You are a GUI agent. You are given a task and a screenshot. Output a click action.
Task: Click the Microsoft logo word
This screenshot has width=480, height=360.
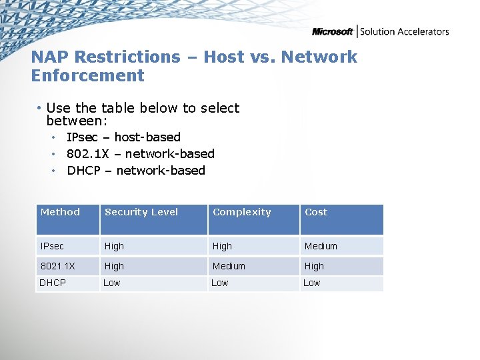click(x=333, y=31)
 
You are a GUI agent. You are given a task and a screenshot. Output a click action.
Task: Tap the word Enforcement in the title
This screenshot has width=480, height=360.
click(x=87, y=75)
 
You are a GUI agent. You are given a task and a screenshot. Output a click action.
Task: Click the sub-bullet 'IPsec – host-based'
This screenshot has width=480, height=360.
click(x=123, y=137)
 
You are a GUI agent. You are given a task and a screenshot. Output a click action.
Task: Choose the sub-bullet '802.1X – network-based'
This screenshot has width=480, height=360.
click(x=140, y=154)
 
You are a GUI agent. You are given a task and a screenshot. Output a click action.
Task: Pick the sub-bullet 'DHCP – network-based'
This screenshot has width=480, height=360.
click(x=136, y=171)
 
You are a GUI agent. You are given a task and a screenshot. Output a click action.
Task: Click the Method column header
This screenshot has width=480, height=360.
click(x=60, y=212)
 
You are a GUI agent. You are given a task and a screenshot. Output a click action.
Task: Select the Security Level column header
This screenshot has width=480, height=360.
click(x=141, y=212)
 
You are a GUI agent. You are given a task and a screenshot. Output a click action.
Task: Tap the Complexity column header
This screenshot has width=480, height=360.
click(x=241, y=212)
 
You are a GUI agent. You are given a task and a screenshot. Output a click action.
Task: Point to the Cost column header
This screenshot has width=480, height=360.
click(x=316, y=212)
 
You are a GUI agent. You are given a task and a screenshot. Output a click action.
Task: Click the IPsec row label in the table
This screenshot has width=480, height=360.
click(x=52, y=246)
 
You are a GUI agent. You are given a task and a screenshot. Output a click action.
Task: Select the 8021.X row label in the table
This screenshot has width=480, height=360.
click(x=57, y=266)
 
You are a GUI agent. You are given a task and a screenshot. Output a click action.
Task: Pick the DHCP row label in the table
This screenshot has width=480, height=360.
click(x=53, y=283)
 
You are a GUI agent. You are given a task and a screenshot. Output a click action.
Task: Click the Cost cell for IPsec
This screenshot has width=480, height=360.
click(x=321, y=246)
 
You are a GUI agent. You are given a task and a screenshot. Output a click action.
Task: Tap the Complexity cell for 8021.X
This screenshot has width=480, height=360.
click(x=229, y=266)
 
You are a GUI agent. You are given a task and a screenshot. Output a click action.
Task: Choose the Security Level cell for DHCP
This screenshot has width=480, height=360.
click(x=112, y=283)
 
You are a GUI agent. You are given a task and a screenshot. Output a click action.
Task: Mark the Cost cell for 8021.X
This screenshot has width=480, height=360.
click(x=314, y=266)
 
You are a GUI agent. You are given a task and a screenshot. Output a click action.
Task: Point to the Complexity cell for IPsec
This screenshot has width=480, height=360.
click(x=222, y=246)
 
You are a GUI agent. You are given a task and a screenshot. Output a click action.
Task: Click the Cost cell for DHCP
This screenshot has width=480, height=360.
click(x=311, y=283)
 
